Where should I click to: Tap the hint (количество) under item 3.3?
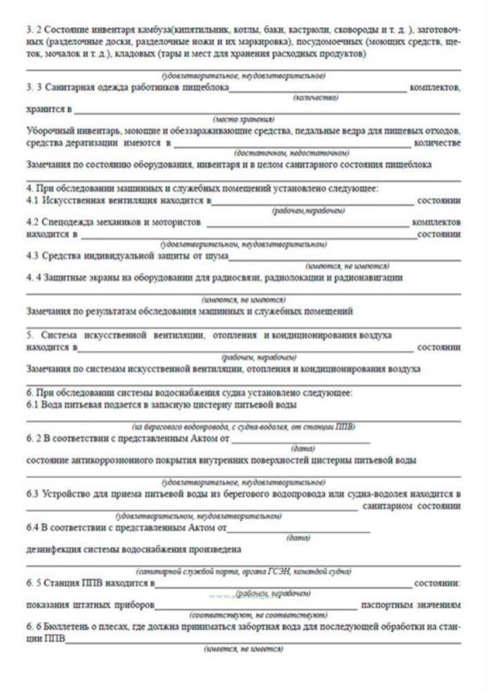(316, 98)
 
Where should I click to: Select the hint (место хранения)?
(244, 119)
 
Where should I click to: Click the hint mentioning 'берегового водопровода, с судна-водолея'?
(244, 427)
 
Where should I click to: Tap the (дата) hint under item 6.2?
(303, 449)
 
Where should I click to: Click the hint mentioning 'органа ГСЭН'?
(244, 572)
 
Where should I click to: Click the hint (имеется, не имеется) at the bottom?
(244, 649)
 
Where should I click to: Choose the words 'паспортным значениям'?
(411, 605)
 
